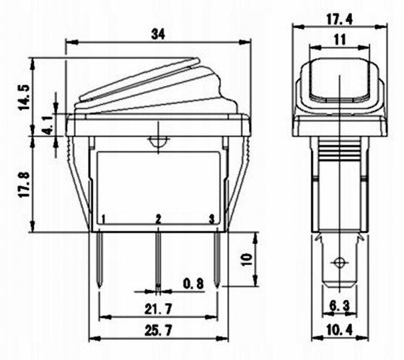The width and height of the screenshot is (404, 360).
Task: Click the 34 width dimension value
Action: click(158, 34)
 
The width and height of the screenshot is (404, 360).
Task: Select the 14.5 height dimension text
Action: click(25, 97)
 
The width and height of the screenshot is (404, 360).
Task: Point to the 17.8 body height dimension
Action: click(25, 184)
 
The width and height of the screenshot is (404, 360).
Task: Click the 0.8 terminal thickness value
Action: click(193, 284)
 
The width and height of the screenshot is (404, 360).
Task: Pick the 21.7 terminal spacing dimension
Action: click(158, 309)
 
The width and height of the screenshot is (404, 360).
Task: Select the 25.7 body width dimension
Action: click(158, 330)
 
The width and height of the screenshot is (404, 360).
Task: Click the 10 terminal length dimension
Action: click(246, 259)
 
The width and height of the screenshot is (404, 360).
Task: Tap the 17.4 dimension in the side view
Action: click(340, 19)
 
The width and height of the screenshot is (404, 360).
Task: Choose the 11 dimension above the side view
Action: click(340, 40)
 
